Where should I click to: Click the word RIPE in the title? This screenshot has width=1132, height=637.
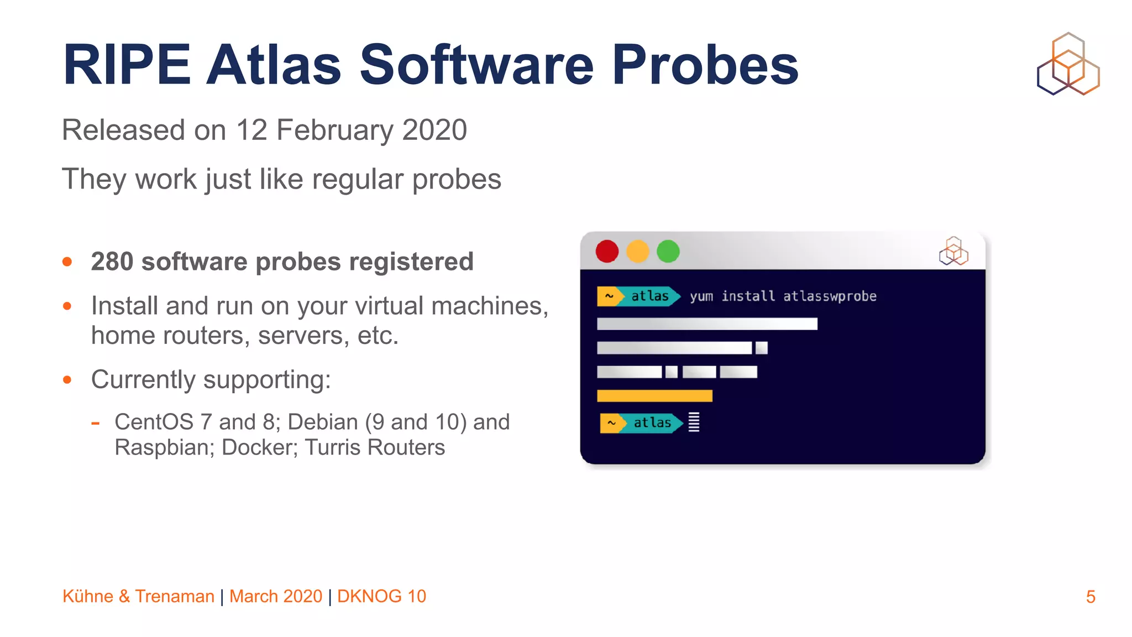[127, 65]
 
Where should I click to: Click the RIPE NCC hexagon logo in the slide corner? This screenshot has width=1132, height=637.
[1068, 64]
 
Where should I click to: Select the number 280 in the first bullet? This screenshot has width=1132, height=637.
[112, 262]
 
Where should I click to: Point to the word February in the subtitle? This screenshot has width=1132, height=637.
[335, 130]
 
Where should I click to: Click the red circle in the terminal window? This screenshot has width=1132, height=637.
[607, 252]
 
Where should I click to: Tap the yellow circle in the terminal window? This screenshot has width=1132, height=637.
[637, 252]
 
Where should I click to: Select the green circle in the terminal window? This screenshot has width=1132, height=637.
[668, 252]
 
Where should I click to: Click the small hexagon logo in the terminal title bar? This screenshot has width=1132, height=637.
[953, 251]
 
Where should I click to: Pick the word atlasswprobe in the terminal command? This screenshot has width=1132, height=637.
[830, 296]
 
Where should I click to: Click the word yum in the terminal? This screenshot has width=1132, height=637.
[701, 296]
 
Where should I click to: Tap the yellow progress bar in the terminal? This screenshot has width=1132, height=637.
[654, 396]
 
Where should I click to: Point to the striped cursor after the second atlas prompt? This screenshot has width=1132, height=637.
[694, 422]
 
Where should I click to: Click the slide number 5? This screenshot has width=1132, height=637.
[1091, 597]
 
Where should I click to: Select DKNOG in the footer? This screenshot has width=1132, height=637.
[369, 596]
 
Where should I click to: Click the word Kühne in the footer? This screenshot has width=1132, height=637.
[88, 596]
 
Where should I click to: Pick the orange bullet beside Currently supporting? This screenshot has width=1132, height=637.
[67, 380]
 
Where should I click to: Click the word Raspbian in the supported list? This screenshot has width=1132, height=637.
[164, 447]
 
